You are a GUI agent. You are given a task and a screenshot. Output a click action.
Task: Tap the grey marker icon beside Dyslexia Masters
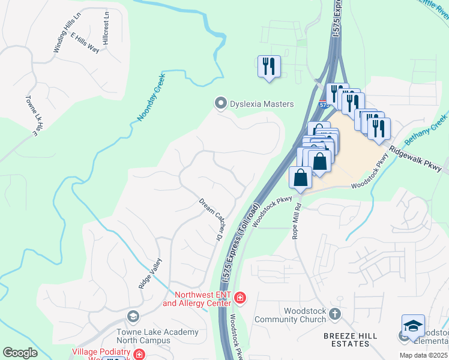click(x=221, y=104)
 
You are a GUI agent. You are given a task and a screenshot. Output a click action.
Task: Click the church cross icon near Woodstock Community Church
click(x=335, y=314)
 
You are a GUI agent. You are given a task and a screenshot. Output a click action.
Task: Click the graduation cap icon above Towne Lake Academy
click(x=133, y=316)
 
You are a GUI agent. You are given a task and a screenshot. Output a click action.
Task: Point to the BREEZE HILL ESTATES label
click(x=346, y=339)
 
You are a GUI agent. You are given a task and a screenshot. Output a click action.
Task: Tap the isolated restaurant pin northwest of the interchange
click(x=269, y=66)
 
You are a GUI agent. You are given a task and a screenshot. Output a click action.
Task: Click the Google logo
click(x=20, y=353)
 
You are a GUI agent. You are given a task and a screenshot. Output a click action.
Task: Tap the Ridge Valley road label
click(x=150, y=274)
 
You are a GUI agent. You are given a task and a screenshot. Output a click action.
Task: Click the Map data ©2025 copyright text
click(x=423, y=355)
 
